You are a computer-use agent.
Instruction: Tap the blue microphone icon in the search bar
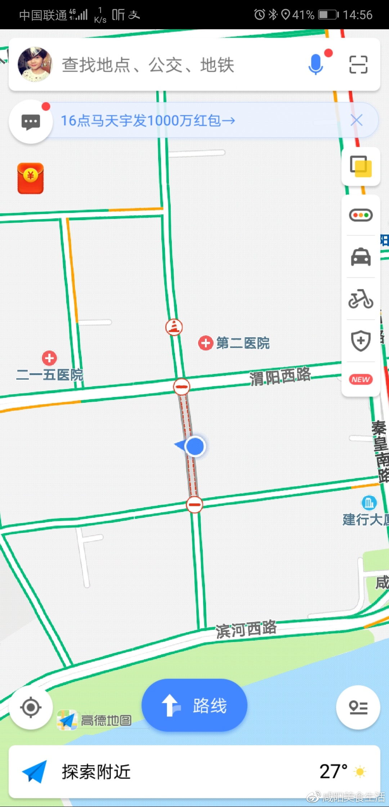pos(316,64)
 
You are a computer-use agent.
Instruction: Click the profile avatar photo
pos(35,64)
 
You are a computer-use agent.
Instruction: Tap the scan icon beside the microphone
pos(358,64)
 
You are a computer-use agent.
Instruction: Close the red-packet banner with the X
pos(357,120)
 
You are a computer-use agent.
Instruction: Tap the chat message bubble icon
pos(31,122)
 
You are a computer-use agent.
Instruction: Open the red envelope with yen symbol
pos(31,178)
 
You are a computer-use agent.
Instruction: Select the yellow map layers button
pos(361,166)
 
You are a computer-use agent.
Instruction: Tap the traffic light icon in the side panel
pos(361,215)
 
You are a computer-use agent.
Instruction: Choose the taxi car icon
pos(361,257)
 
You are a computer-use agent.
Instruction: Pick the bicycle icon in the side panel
pos(361,299)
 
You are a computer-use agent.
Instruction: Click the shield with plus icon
pos(361,340)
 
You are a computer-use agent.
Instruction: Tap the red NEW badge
pos(361,379)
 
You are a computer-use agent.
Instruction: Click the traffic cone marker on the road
pos(174,327)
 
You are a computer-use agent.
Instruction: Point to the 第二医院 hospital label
pos(242,343)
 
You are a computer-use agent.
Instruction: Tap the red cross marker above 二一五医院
pos(49,358)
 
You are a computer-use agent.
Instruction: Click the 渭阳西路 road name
pos(280,376)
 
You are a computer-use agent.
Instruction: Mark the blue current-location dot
pos(195,446)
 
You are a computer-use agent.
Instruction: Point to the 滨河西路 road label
pos(246,629)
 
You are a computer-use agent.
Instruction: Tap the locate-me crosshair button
pos(31,708)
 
